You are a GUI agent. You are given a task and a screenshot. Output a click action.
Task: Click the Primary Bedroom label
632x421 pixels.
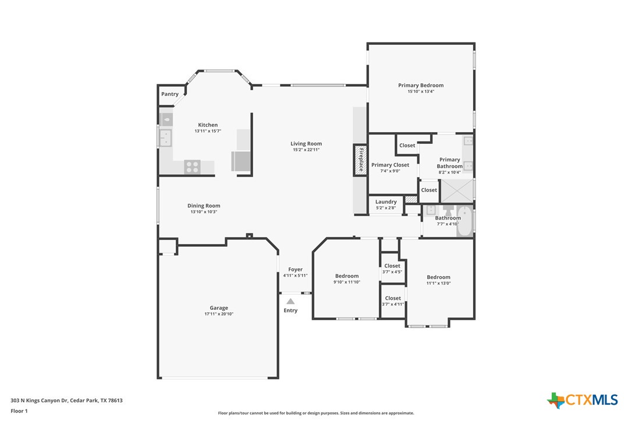point(421,86)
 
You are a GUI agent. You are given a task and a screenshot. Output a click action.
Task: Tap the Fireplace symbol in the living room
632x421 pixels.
point(360,160)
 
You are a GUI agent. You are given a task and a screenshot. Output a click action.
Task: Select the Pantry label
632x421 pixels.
point(170,94)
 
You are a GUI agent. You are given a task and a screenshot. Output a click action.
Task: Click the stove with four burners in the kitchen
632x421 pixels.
point(192,167)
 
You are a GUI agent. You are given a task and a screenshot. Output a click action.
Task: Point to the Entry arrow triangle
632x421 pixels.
point(290,301)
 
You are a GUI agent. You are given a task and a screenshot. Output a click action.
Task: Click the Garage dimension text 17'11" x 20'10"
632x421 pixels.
point(219,314)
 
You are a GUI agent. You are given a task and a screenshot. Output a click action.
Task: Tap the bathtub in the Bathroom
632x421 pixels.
point(464,222)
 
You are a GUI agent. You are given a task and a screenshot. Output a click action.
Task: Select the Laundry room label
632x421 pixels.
point(386,202)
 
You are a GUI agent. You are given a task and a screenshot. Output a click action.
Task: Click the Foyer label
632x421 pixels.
point(295,270)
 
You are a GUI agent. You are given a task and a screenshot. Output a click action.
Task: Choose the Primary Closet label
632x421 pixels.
point(390,165)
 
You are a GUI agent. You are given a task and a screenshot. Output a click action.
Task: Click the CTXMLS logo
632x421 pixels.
point(582,400)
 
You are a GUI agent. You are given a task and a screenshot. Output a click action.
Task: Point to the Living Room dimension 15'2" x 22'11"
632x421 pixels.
point(306,150)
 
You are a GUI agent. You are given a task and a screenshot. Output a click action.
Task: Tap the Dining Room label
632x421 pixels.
point(204,206)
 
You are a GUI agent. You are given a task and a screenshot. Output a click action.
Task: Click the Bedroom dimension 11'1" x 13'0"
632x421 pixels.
point(438,284)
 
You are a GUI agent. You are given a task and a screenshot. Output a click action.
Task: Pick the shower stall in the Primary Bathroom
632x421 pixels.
point(457,190)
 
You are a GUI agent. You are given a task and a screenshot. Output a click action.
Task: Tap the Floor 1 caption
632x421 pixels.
point(19,411)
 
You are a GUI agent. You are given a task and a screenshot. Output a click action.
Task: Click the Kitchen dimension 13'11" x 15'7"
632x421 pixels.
point(208,131)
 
